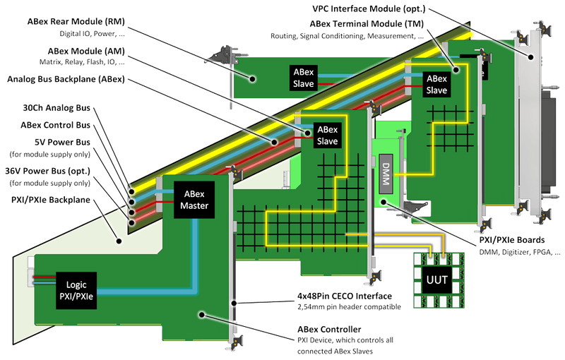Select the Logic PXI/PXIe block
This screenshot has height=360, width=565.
click(x=75, y=285)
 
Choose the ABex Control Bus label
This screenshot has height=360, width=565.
click(x=56, y=125)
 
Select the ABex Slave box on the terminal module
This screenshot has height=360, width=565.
click(x=436, y=85)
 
